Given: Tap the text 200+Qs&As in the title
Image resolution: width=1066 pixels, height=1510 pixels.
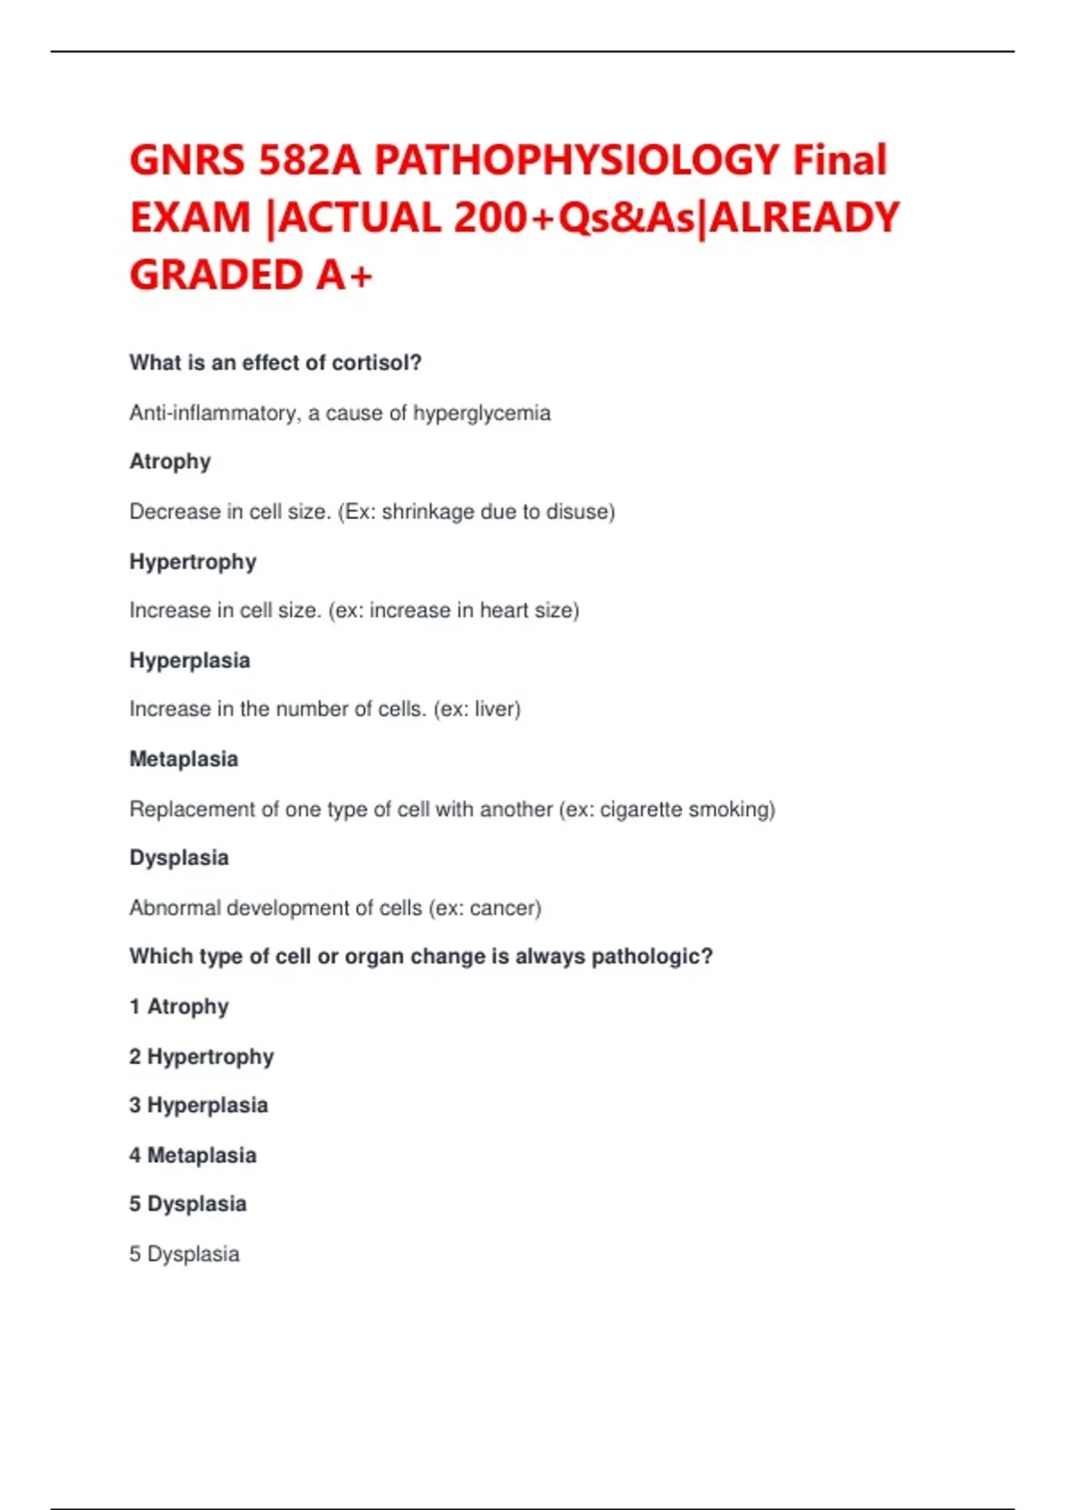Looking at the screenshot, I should tap(576, 219).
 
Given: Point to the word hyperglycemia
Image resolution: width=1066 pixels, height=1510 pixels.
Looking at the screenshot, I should tap(481, 413).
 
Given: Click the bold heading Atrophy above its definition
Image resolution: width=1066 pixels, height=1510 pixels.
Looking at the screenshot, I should tap(170, 462).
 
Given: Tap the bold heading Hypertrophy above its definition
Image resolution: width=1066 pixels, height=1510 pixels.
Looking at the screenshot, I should tap(193, 561).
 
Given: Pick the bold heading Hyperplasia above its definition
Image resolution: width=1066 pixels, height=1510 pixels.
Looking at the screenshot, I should tap(189, 660).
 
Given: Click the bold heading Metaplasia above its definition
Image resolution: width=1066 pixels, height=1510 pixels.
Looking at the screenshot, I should tap(184, 759).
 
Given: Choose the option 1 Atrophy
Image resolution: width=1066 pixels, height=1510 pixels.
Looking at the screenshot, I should tap(179, 1006).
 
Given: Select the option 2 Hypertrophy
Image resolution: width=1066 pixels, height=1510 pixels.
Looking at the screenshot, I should tap(201, 1056).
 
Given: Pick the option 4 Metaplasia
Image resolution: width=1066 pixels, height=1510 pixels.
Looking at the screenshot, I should tap(193, 1155).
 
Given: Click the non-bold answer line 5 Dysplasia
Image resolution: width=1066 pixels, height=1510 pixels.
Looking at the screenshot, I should tap(184, 1254).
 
